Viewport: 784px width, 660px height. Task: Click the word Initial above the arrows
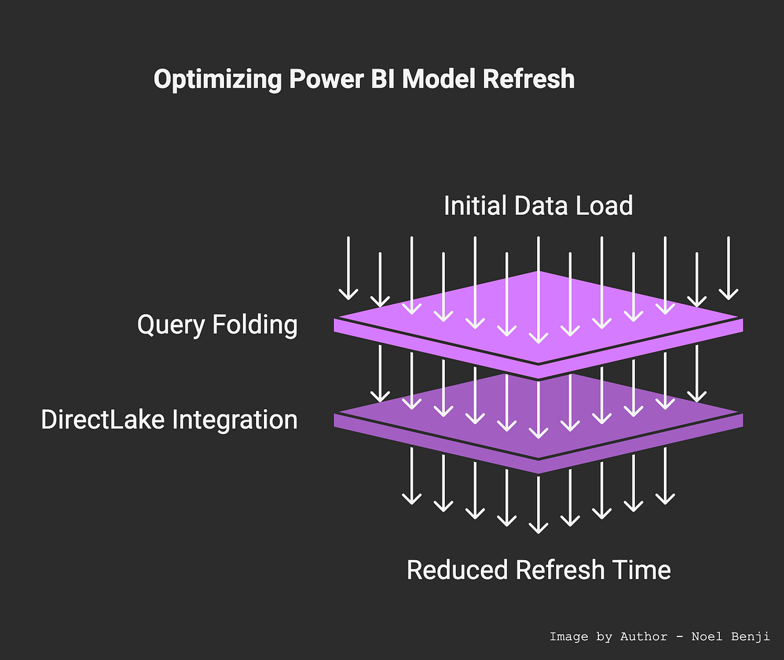(476, 206)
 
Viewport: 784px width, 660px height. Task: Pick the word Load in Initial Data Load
(604, 206)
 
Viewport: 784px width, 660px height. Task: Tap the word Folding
(255, 325)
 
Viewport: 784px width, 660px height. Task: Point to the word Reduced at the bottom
(457, 570)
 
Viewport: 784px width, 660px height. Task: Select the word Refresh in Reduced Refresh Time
(560, 570)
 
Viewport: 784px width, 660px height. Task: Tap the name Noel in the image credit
(708, 636)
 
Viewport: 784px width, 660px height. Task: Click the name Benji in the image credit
(751, 636)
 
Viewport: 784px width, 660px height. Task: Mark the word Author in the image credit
(644, 636)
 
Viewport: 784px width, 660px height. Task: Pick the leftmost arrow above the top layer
(348, 268)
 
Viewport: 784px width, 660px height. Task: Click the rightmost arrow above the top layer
(728, 268)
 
